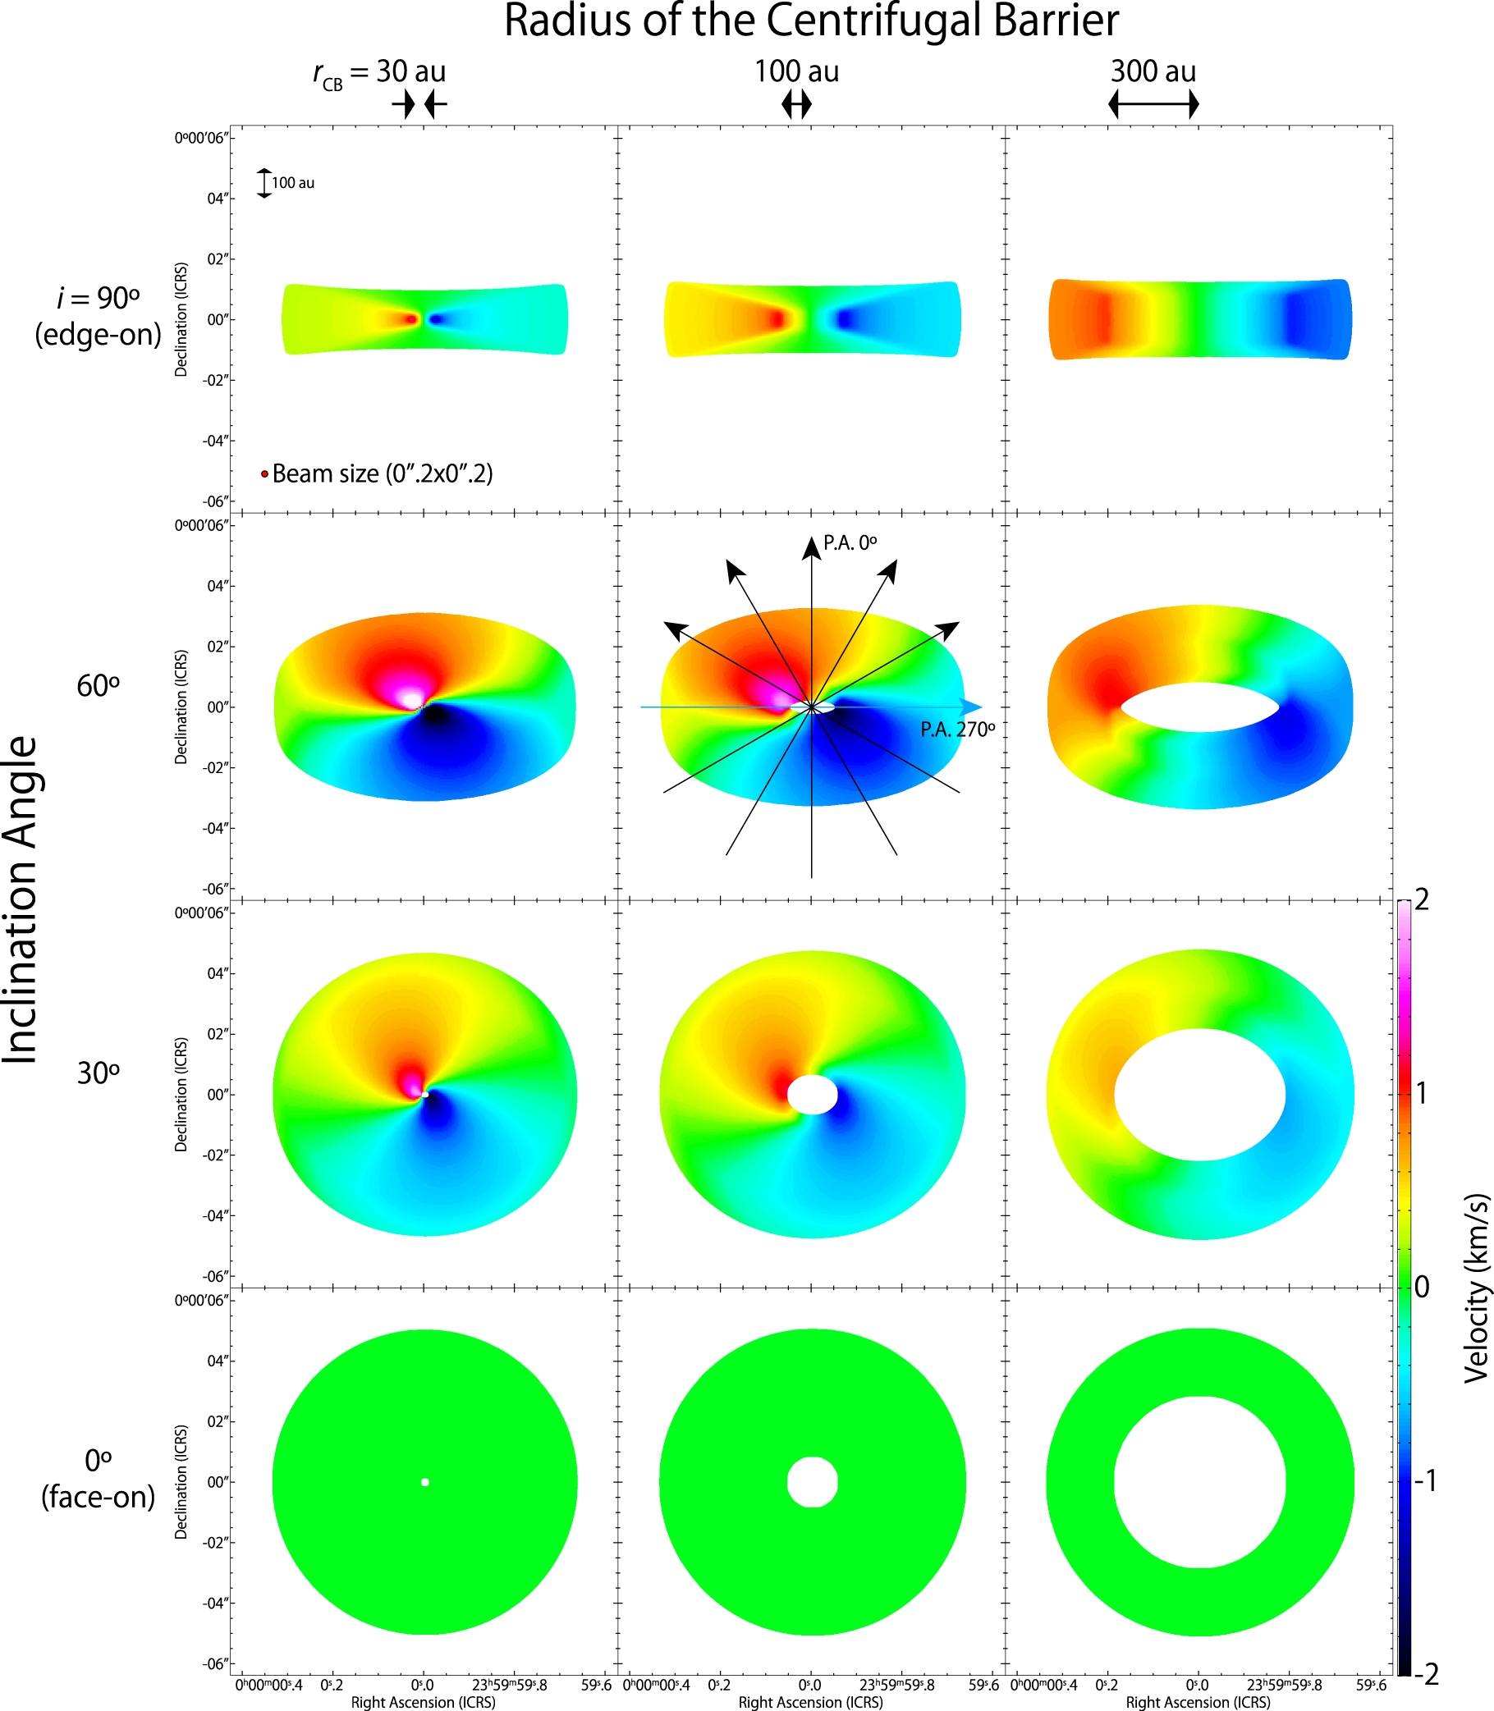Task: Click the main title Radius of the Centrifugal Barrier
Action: (x=810, y=21)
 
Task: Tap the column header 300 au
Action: (x=1153, y=71)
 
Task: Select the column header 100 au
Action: (x=796, y=71)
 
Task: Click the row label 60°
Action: (x=98, y=686)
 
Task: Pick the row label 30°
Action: (x=98, y=1073)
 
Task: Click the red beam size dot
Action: (x=264, y=474)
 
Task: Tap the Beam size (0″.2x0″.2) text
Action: (x=383, y=474)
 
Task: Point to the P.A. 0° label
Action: (x=850, y=543)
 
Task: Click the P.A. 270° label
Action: (x=957, y=730)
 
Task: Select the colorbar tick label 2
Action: (x=1423, y=900)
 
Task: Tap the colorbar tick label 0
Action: (x=1423, y=1287)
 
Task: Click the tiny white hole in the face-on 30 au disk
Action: (x=425, y=1482)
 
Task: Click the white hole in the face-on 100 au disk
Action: (x=812, y=1482)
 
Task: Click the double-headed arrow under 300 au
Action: (x=1153, y=105)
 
